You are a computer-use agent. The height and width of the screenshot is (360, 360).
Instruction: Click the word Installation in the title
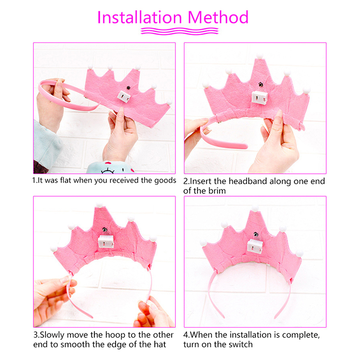tap(139, 18)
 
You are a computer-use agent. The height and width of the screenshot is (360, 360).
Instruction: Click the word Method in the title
tap(218, 18)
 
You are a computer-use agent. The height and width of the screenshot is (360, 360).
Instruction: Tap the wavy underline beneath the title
tap(180, 31)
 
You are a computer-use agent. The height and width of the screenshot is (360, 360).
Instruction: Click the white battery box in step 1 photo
tap(124, 96)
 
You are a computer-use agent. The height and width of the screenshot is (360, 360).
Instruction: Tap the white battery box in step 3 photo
tap(106, 242)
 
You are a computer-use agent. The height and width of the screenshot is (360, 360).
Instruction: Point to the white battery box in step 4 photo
tap(255, 246)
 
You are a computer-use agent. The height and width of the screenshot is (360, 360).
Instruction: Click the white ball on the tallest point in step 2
tap(260, 56)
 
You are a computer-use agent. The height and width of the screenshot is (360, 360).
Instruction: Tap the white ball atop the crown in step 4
tap(255, 208)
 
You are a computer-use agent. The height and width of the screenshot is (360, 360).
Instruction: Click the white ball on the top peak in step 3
tap(99, 205)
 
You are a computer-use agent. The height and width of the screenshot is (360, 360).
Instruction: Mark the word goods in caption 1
tap(165, 181)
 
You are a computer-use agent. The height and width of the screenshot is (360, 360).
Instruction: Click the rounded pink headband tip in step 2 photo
tap(245, 146)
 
